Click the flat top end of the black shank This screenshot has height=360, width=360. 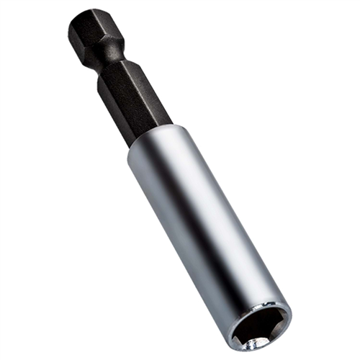pyautogui.click(x=85, y=17)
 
